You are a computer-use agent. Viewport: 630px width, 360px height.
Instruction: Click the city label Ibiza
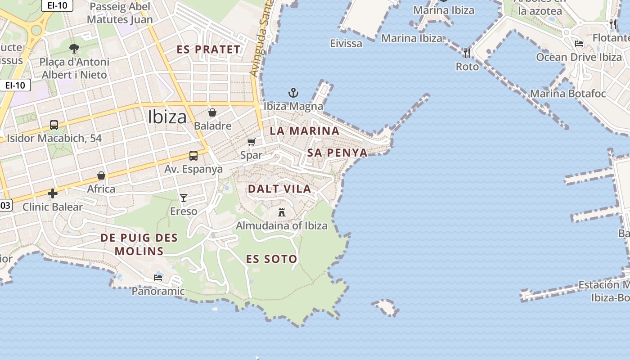167,117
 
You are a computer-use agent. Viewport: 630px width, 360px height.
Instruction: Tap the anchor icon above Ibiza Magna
293,93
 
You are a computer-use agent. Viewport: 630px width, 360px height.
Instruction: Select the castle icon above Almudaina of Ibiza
282,212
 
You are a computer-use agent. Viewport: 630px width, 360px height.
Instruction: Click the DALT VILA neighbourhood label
279,189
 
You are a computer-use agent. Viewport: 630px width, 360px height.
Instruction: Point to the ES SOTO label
271,259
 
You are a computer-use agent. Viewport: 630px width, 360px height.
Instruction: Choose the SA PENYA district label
337,153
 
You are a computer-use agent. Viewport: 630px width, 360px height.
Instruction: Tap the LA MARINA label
304,131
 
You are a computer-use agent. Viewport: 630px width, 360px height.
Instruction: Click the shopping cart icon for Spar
251,142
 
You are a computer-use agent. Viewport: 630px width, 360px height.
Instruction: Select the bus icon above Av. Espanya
193,156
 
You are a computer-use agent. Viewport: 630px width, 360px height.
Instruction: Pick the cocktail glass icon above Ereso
184,198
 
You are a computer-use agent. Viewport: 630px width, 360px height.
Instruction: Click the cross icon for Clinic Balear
53,193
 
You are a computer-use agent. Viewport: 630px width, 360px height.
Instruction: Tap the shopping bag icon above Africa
101,175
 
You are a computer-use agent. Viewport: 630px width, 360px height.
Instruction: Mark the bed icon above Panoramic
158,277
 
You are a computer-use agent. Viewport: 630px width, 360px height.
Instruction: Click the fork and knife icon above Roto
467,53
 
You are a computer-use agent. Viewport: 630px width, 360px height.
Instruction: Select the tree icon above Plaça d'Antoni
74,48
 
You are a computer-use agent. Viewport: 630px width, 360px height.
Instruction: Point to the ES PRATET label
208,49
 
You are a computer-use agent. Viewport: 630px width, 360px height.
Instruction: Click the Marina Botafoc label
568,94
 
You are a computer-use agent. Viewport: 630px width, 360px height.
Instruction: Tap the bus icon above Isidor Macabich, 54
54,125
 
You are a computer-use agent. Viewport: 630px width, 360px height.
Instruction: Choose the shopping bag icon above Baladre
212,112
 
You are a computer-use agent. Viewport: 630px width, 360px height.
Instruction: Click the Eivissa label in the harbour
346,43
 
